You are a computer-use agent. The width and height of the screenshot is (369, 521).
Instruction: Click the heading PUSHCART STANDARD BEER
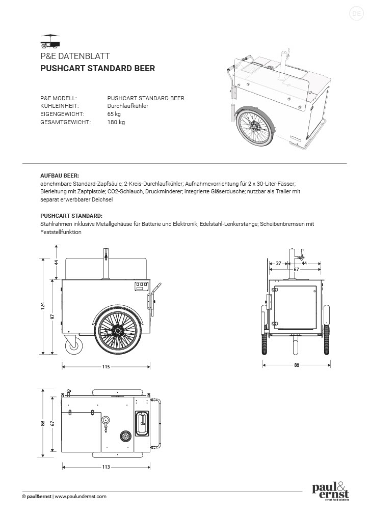(97, 68)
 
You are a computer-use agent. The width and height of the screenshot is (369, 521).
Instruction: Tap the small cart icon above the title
(50, 40)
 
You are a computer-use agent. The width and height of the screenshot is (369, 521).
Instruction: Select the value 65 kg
(114, 114)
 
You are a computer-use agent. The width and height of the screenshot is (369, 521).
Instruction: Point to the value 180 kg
(116, 122)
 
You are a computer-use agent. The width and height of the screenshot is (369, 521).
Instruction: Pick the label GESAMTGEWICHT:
(66, 122)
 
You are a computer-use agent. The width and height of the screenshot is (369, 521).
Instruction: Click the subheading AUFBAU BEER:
(60, 175)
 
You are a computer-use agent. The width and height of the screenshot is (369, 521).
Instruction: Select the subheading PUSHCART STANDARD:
(71, 216)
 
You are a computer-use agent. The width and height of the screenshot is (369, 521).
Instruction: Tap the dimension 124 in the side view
(43, 305)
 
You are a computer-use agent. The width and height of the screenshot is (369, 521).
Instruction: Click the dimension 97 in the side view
(53, 316)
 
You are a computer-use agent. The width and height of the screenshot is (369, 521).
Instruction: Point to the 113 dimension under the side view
(107, 366)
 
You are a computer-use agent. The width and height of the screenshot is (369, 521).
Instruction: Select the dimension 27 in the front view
(278, 264)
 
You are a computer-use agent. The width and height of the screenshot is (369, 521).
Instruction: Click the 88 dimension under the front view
(297, 365)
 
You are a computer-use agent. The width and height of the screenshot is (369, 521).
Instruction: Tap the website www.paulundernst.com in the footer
(81, 497)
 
